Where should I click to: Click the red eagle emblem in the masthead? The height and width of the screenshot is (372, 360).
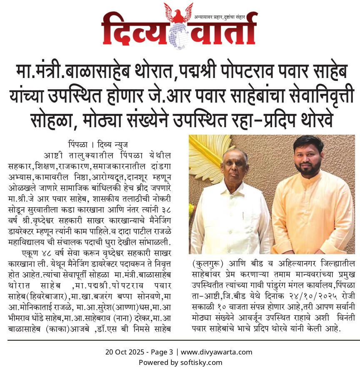tap(178, 13)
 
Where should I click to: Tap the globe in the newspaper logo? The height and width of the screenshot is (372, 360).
tap(178, 33)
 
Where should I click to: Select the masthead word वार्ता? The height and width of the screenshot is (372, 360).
tap(221, 28)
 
